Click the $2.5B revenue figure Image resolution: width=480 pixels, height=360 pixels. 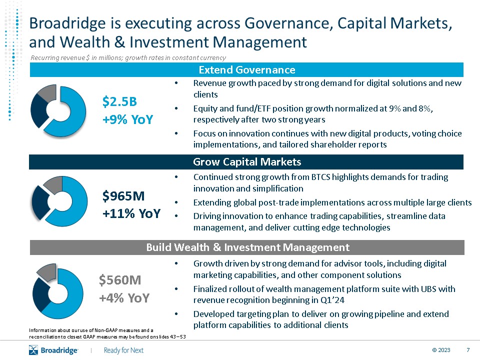[119, 101]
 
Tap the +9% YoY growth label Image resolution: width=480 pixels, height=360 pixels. [127, 119]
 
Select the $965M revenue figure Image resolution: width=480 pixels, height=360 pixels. [123, 196]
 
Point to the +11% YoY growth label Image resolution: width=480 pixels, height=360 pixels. [131, 213]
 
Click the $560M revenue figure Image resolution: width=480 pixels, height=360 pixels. [120, 280]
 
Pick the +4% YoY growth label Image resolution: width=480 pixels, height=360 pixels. [124, 298]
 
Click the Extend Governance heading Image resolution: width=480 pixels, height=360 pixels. [247, 70]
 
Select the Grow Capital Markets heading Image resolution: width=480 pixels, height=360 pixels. [247, 161]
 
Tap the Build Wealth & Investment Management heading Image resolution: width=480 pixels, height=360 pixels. [247, 247]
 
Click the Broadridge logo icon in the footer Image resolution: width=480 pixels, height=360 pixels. [33, 350]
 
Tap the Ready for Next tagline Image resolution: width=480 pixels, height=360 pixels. [123, 350]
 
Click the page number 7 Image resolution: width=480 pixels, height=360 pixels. [468, 350]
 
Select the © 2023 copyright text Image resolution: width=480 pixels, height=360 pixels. [441, 350]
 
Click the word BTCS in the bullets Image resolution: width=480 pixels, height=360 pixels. [320, 177]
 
